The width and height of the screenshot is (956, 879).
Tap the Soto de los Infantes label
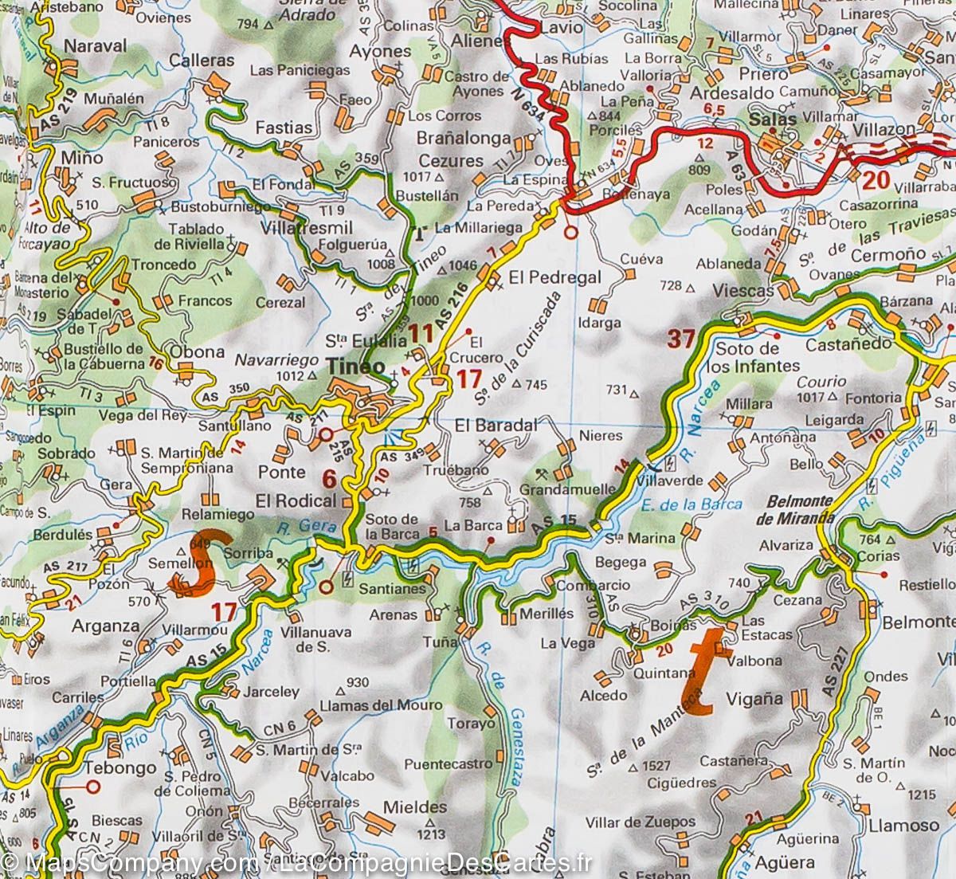pyautogui.click(x=757, y=358)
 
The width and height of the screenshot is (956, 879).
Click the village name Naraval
pyautogui.click(x=95, y=45)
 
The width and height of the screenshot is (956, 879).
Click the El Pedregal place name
pyautogui.click(x=554, y=279)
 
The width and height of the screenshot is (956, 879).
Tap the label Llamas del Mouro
pyautogui.click(x=363, y=704)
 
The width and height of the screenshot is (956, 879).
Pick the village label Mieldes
pyautogui.click(x=415, y=806)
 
